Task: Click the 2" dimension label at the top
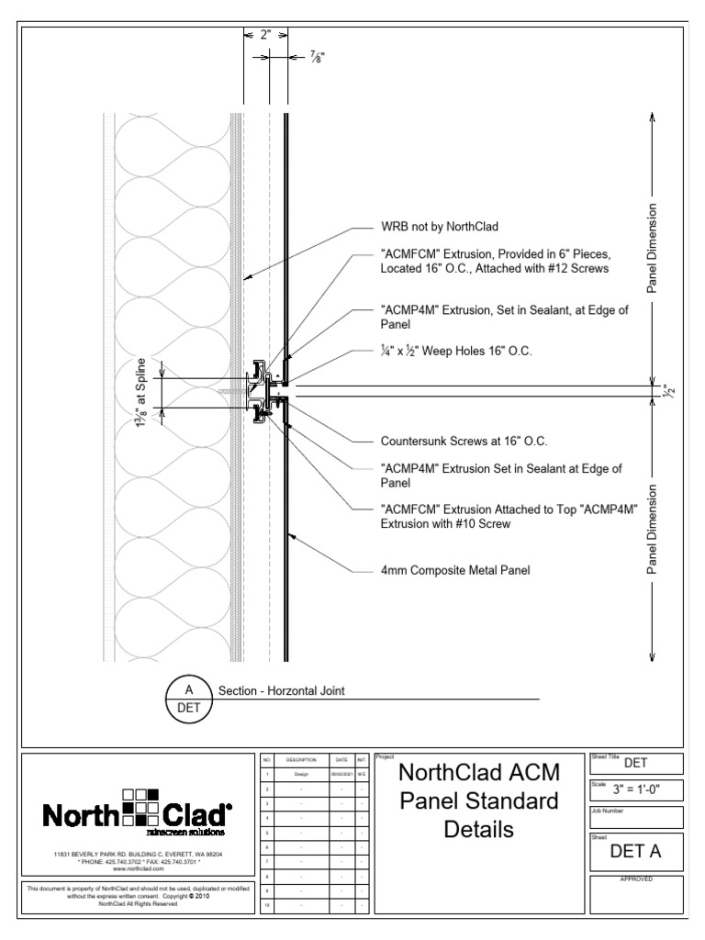coord(266,37)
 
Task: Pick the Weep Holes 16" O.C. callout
coord(456,352)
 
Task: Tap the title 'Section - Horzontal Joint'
coord(281,691)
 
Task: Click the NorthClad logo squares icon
coord(140,808)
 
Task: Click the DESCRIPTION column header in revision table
coord(301,760)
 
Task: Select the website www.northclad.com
coord(138,868)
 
